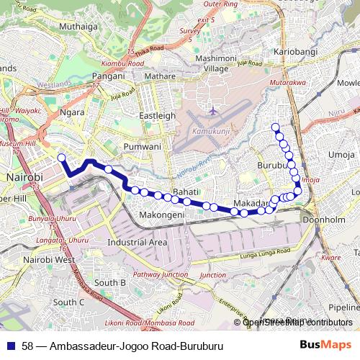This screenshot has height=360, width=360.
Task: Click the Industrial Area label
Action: pos(137,243)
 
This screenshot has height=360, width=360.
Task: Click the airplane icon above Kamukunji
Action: pos(213,112)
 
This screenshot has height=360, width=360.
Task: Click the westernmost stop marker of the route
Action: pos(61,158)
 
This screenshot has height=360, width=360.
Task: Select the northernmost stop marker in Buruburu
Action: pos(274,127)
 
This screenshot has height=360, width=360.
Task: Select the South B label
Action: pos(110,283)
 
